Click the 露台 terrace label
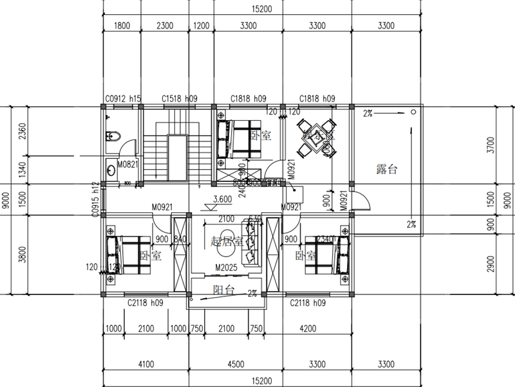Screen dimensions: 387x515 pos(386,170)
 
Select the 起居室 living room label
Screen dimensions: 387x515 pos(227,242)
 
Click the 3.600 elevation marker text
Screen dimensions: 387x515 pos(222,199)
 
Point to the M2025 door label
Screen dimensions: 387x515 pos(227,267)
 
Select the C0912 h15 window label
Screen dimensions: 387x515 pos(122,99)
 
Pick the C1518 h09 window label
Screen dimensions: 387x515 pos(180,99)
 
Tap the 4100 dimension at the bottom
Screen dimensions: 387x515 pos(146,364)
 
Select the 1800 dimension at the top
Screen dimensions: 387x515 pos(122,26)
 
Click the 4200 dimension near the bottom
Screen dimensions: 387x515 pos(308,328)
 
